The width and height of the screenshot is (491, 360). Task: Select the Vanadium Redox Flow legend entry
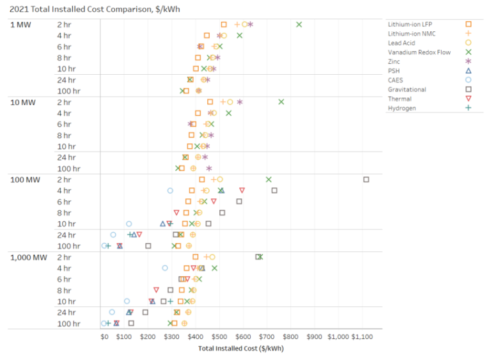coord(419,52)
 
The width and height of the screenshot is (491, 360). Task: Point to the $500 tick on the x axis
coord(219,336)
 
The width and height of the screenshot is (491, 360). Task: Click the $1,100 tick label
coord(362,336)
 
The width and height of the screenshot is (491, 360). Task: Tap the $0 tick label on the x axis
coord(104,336)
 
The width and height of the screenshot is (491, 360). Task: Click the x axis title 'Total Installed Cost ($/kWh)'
coord(240,348)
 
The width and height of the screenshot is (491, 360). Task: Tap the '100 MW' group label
coord(25,180)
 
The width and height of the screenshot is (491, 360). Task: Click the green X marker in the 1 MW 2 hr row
coord(299,24)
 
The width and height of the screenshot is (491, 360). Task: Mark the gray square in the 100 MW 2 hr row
coord(366,180)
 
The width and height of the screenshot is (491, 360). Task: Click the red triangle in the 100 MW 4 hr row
coord(242,191)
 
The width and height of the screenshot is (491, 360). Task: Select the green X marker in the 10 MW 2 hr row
coord(281,102)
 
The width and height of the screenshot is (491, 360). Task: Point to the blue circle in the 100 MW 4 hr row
coord(170,191)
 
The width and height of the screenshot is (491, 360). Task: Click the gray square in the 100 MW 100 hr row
coord(148,246)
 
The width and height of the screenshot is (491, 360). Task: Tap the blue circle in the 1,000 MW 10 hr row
coord(127,301)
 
